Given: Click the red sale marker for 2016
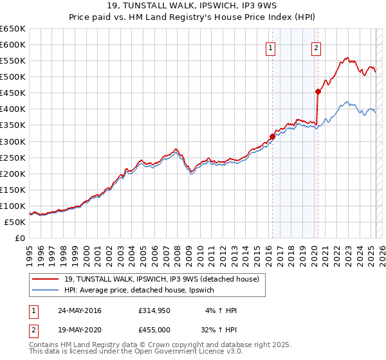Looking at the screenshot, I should coord(272,136).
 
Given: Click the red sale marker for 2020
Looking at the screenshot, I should coord(318,91).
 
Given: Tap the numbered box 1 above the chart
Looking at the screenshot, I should coord(270,47).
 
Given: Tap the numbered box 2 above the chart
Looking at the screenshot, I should coord(317,47).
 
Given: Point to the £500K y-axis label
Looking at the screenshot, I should coord(13,76).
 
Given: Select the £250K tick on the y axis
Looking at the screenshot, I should coord(13,157).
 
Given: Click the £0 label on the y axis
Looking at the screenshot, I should coord(19,238).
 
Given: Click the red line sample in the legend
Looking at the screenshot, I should coord(45,279).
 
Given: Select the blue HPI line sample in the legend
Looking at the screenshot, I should coord(45,291).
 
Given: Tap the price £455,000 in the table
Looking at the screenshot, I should coord(153,331).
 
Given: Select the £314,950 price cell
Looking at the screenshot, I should coord(153,310).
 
